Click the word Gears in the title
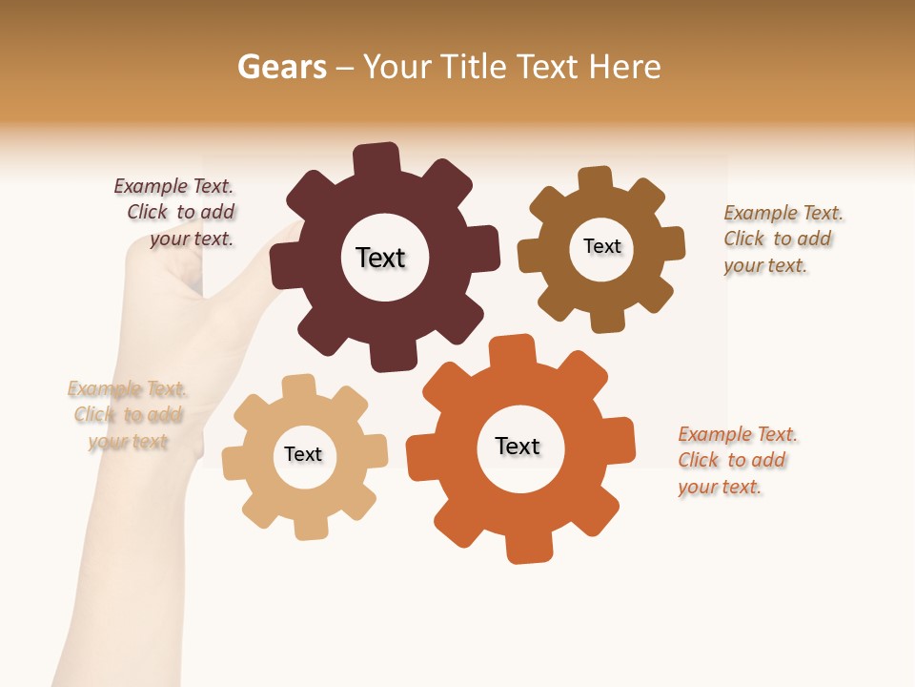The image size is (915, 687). [281, 67]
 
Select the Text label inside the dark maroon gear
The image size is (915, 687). [380, 258]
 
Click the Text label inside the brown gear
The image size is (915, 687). [601, 246]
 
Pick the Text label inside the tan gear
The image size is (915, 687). [303, 454]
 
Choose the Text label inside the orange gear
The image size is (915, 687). [518, 446]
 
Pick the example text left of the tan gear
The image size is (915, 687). [128, 415]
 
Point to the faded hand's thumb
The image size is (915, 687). [276, 239]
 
